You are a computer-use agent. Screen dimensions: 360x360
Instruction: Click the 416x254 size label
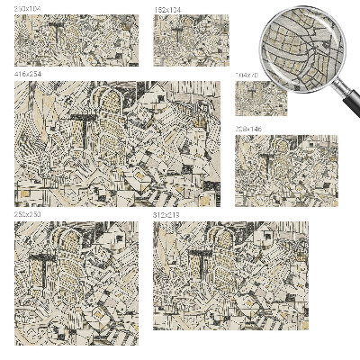click(27, 72)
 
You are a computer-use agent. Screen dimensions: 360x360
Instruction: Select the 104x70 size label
click(246, 75)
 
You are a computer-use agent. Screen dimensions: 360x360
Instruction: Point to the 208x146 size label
click(248, 129)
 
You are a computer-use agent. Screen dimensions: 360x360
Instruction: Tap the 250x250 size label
click(27, 216)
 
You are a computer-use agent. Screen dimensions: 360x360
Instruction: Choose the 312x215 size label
click(166, 216)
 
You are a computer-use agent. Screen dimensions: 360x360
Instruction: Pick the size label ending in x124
click(166, 9)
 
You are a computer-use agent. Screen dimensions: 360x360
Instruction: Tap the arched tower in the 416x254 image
click(110, 108)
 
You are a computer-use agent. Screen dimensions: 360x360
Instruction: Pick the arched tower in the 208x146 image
click(281, 151)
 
